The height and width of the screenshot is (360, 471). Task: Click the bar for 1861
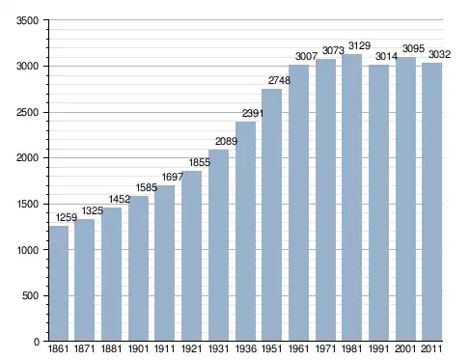pos(59,283)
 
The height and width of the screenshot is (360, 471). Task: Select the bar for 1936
pos(245,231)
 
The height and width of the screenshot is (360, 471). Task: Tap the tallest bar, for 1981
pos(352,198)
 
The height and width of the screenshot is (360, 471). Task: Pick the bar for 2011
pos(431,202)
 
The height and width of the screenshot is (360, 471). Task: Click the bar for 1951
pos(271,215)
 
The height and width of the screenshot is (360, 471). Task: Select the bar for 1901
pos(138,268)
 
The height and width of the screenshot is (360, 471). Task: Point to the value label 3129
pos(359,45)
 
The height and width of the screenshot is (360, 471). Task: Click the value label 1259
pos(67,218)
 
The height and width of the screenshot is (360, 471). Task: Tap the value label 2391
pos(253,113)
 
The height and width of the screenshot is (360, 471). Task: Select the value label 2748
pos(279,80)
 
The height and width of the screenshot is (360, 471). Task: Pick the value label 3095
pos(413,49)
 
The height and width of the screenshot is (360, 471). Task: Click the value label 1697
pos(173,177)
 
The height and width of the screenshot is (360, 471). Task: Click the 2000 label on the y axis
pos(27,158)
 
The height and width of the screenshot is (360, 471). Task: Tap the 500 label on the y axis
pos(30,296)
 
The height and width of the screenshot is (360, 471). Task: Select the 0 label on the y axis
pos(37,342)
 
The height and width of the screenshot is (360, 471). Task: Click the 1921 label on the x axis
pos(191,349)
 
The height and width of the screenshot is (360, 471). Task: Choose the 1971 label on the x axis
pos(325,349)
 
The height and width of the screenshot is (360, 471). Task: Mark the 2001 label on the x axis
pos(405,349)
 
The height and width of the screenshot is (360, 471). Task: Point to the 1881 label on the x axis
pos(111,349)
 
